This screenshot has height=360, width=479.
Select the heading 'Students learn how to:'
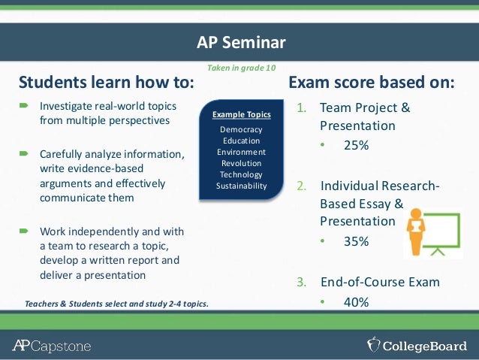click(x=106, y=82)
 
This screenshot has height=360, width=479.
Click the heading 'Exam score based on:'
click(x=372, y=82)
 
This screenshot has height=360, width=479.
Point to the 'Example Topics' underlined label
click(x=241, y=115)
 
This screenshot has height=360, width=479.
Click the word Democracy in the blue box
click(x=241, y=129)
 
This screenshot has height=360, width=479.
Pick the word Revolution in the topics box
click(x=241, y=163)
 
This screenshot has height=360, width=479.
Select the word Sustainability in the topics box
click(x=241, y=186)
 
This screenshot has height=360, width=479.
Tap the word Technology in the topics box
click(x=241, y=174)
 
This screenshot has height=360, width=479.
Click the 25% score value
click(x=355, y=146)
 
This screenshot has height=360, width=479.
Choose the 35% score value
click(x=355, y=242)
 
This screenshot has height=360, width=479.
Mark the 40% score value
click(x=355, y=302)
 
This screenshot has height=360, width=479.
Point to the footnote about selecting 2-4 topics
click(x=116, y=304)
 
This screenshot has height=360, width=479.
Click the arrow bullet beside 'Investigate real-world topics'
click(x=24, y=107)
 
